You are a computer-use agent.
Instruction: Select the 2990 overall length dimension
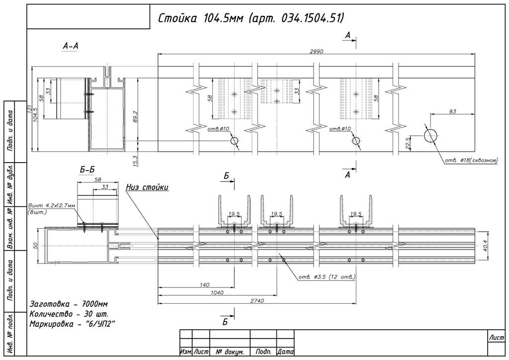(x=317, y=51)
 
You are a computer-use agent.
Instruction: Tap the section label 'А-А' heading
(x=71, y=46)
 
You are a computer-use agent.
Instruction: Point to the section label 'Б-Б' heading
(x=87, y=170)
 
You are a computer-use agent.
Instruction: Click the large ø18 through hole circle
(x=431, y=136)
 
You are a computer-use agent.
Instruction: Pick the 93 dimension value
(x=452, y=111)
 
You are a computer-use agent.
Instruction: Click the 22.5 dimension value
(x=408, y=143)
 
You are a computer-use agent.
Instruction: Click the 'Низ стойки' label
(x=148, y=187)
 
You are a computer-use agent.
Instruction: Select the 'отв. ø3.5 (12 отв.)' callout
(x=327, y=277)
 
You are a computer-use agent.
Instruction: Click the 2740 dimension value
(x=257, y=300)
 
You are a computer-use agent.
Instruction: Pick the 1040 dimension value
(x=217, y=292)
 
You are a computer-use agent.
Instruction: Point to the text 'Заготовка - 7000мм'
(x=69, y=304)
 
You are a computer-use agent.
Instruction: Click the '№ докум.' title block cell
(x=230, y=352)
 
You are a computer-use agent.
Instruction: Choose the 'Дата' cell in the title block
(x=286, y=352)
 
